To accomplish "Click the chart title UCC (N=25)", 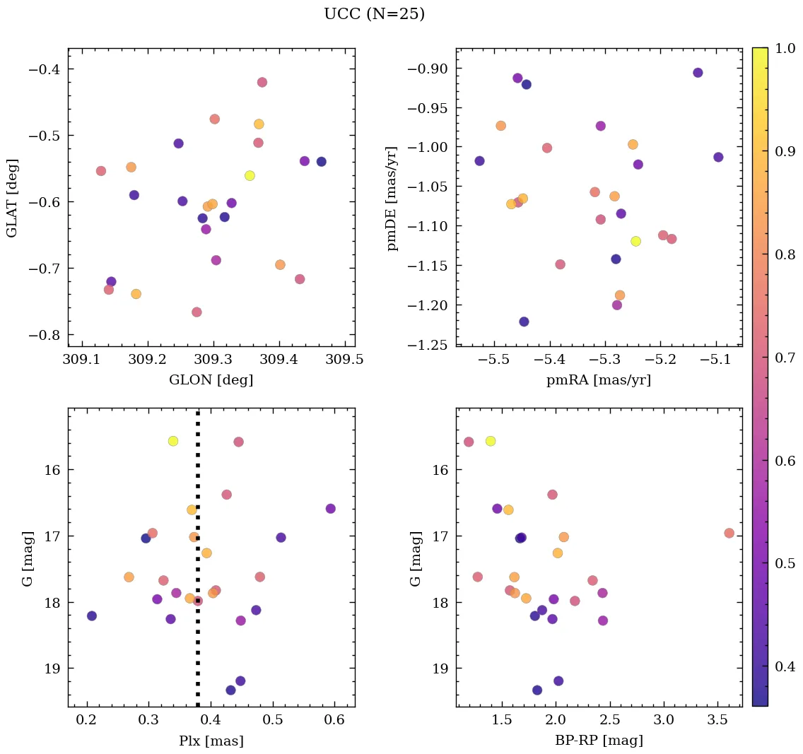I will coord(374,14).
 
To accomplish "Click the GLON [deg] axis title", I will coord(211,380).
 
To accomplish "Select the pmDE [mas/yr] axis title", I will coord(392,199).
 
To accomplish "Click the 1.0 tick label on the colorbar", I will coord(785,49).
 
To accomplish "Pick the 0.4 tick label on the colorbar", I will coord(785,666).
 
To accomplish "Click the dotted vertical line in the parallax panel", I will coord(198,495).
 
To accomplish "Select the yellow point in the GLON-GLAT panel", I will coord(250,175).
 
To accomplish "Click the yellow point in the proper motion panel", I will coord(635,241).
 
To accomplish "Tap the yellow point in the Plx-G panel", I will coord(173,441).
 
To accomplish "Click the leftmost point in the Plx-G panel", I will coord(92,615).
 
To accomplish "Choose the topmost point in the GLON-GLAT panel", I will coord(262,82).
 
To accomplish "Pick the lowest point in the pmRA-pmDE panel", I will coord(524,322).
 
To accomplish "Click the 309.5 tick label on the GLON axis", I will coord(346,360).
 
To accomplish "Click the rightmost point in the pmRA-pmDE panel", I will coord(718,157).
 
